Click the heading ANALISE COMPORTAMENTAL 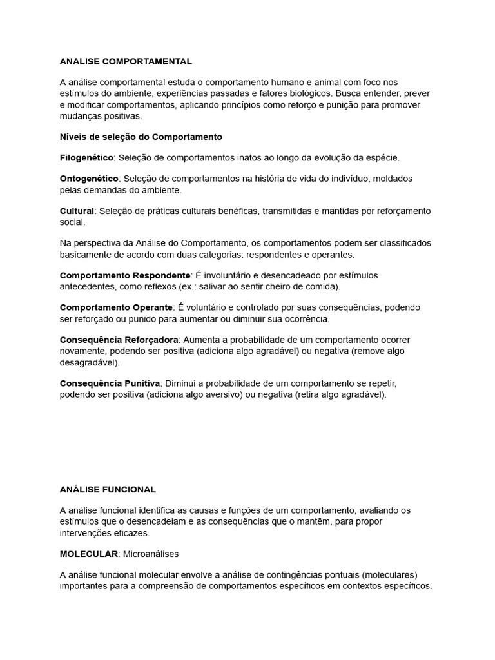pyautogui.click(x=126, y=61)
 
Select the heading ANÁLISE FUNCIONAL pyautogui.click(x=108, y=489)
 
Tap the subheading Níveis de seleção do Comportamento pyautogui.click(x=141, y=137)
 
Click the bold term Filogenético pyautogui.click(x=86, y=157)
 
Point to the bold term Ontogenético pyautogui.click(x=89, y=178)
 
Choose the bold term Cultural pyautogui.click(x=77, y=211)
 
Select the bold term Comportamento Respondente pyautogui.click(x=125, y=275)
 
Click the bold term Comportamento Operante pyautogui.click(x=116, y=307)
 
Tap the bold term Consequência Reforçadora pyautogui.click(x=119, y=340)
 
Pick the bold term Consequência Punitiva pyautogui.click(x=110, y=383)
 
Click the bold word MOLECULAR pyautogui.click(x=89, y=554)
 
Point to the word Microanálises pyautogui.click(x=151, y=554)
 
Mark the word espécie pyautogui.click(x=382, y=157)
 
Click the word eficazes pyautogui.click(x=130, y=533)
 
